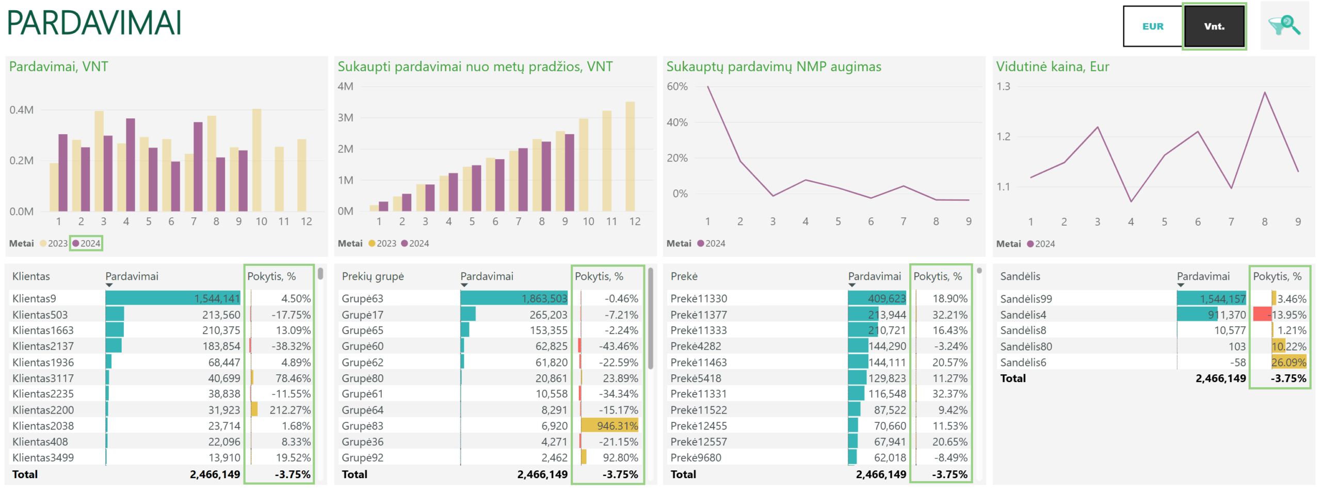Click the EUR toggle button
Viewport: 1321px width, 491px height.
(1152, 26)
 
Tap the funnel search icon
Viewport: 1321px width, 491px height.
(1284, 25)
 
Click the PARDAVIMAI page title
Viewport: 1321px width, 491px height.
(94, 23)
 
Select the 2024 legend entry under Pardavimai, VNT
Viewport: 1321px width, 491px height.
(87, 243)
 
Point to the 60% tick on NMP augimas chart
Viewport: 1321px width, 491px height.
(677, 86)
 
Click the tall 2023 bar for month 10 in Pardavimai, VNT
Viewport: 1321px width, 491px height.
(256, 160)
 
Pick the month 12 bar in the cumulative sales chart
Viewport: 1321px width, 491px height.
(630, 156)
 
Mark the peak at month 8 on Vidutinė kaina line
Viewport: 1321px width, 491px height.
(1265, 92)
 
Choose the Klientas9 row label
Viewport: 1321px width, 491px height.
(34, 298)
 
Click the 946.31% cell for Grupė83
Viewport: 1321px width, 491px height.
(617, 426)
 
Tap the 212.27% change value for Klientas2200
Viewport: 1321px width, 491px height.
(290, 410)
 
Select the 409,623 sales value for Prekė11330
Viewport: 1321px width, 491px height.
(887, 298)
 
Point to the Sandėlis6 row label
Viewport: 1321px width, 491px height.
(1023, 362)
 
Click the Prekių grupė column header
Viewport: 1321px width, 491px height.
(373, 276)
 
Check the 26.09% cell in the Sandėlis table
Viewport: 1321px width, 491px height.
(1288, 362)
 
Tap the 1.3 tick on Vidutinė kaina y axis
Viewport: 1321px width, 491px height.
(1003, 86)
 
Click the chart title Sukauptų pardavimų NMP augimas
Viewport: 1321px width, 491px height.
(774, 67)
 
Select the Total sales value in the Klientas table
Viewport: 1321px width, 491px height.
(215, 474)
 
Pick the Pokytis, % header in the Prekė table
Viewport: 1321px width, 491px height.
(938, 276)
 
